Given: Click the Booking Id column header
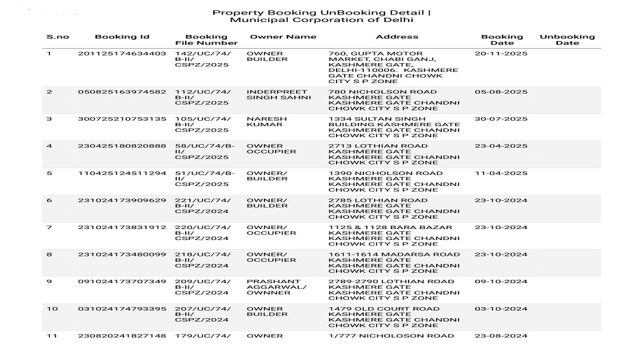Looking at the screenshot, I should (122, 37).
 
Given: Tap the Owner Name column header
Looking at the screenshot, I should (283, 37).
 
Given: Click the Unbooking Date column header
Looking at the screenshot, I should (567, 40).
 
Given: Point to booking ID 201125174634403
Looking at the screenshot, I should (122, 53).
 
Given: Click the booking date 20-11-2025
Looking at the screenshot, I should (501, 53).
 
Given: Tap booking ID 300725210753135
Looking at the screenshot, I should (122, 119).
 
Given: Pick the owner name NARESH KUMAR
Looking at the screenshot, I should (267, 122).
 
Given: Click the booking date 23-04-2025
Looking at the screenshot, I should (501, 146).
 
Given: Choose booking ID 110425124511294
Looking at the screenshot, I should (122, 173).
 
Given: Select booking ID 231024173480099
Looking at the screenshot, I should (122, 254).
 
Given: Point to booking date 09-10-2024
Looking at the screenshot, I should (501, 282).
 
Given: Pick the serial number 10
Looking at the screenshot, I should (52, 309).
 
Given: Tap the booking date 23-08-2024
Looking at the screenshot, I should (501, 336).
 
